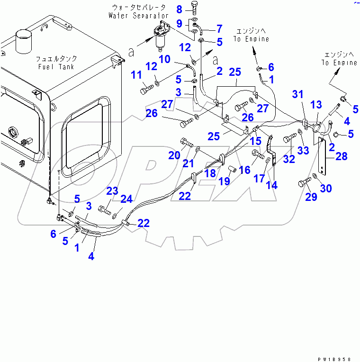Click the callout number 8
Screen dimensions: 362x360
(x=179, y=9)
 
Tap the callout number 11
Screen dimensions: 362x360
(x=136, y=75)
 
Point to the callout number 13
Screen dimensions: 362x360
(x=316, y=105)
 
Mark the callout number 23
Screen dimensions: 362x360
(x=112, y=191)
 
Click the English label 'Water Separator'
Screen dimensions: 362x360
(x=138, y=16)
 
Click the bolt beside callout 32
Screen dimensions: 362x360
(x=289, y=139)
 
